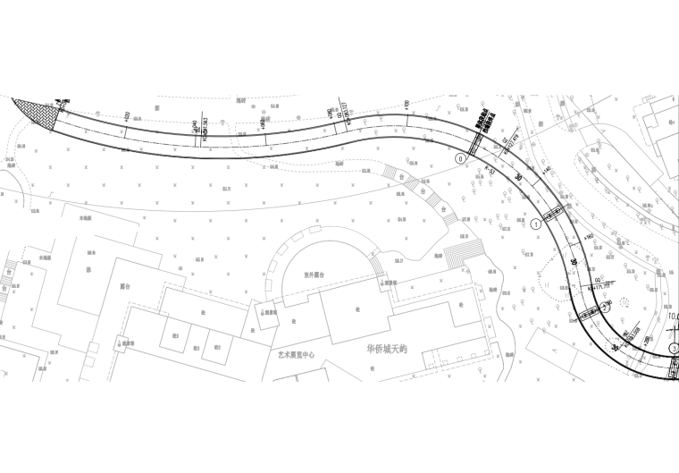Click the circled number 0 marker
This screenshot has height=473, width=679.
click(x=461, y=158)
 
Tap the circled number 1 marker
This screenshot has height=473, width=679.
click(x=535, y=225)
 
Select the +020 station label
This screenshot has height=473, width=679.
click(x=125, y=117)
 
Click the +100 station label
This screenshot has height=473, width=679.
click(x=407, y=106)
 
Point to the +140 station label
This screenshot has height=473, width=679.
click(x=546, y=169)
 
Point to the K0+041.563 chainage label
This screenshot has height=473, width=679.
click(x=205, y=131)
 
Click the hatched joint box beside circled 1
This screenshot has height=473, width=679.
click(x=555, y=215)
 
